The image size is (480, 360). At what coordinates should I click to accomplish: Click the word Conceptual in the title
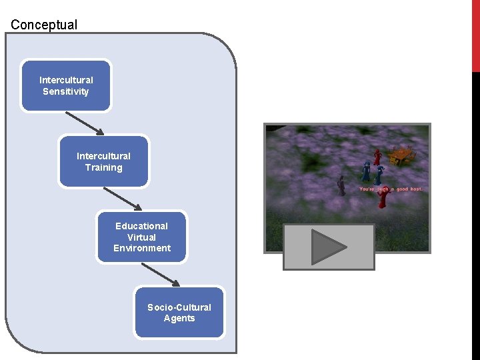[x=44, y=25]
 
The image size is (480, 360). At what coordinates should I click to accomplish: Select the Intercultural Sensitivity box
[x=66, y=85]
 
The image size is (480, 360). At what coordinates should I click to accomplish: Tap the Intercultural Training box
[x=103, y=161]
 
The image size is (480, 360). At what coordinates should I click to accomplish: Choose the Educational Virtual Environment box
[x=141, y=237]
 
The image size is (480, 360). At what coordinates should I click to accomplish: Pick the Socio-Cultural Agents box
[x=179, y=312]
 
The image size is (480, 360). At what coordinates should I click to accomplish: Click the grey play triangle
[x=329, y=247]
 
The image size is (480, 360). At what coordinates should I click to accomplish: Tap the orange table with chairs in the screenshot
[x=401, y=156]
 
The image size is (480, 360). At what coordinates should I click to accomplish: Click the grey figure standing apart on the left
[x=341, y=185]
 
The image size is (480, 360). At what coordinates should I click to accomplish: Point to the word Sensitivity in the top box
[x=66, y=91]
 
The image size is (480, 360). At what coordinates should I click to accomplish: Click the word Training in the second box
[x=103, y=167]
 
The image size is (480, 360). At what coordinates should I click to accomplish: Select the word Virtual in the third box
[x=141, y=237]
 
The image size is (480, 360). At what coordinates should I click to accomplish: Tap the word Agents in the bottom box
[x=179, y=318]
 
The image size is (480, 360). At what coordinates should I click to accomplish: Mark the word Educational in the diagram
[x=141, y=226]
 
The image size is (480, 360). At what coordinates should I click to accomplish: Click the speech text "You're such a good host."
[x=391, y=189]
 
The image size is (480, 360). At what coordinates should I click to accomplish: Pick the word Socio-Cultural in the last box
[x=179, y=307]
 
